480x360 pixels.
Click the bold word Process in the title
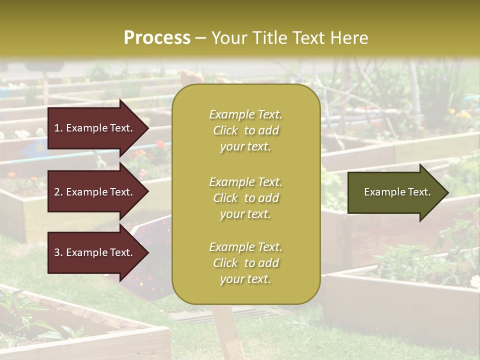157,38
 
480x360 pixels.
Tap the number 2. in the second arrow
58,192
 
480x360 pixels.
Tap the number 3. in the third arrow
58,252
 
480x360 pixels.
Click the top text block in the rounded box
245,130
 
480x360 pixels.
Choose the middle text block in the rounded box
245,198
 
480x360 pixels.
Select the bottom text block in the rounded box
245,263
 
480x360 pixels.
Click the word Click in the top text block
225,130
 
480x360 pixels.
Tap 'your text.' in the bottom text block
245,279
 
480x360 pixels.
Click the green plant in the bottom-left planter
20,310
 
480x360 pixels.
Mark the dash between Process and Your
200,38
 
